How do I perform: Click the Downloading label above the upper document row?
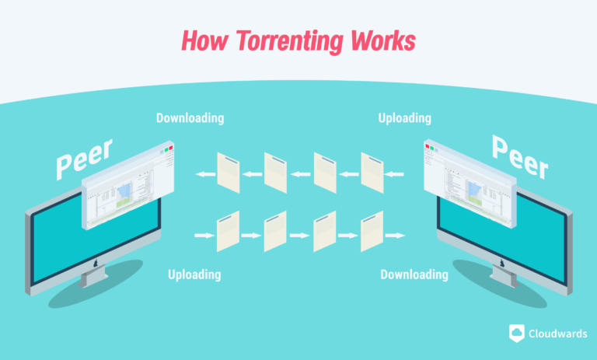point(190,118)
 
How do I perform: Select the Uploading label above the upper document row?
point(404,118)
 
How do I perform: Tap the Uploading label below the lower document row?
point(194,274)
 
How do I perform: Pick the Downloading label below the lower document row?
point(414,274)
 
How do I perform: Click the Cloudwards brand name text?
point(557,332)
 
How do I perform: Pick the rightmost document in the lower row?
point(372,232)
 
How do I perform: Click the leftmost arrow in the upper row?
point(205,174)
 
